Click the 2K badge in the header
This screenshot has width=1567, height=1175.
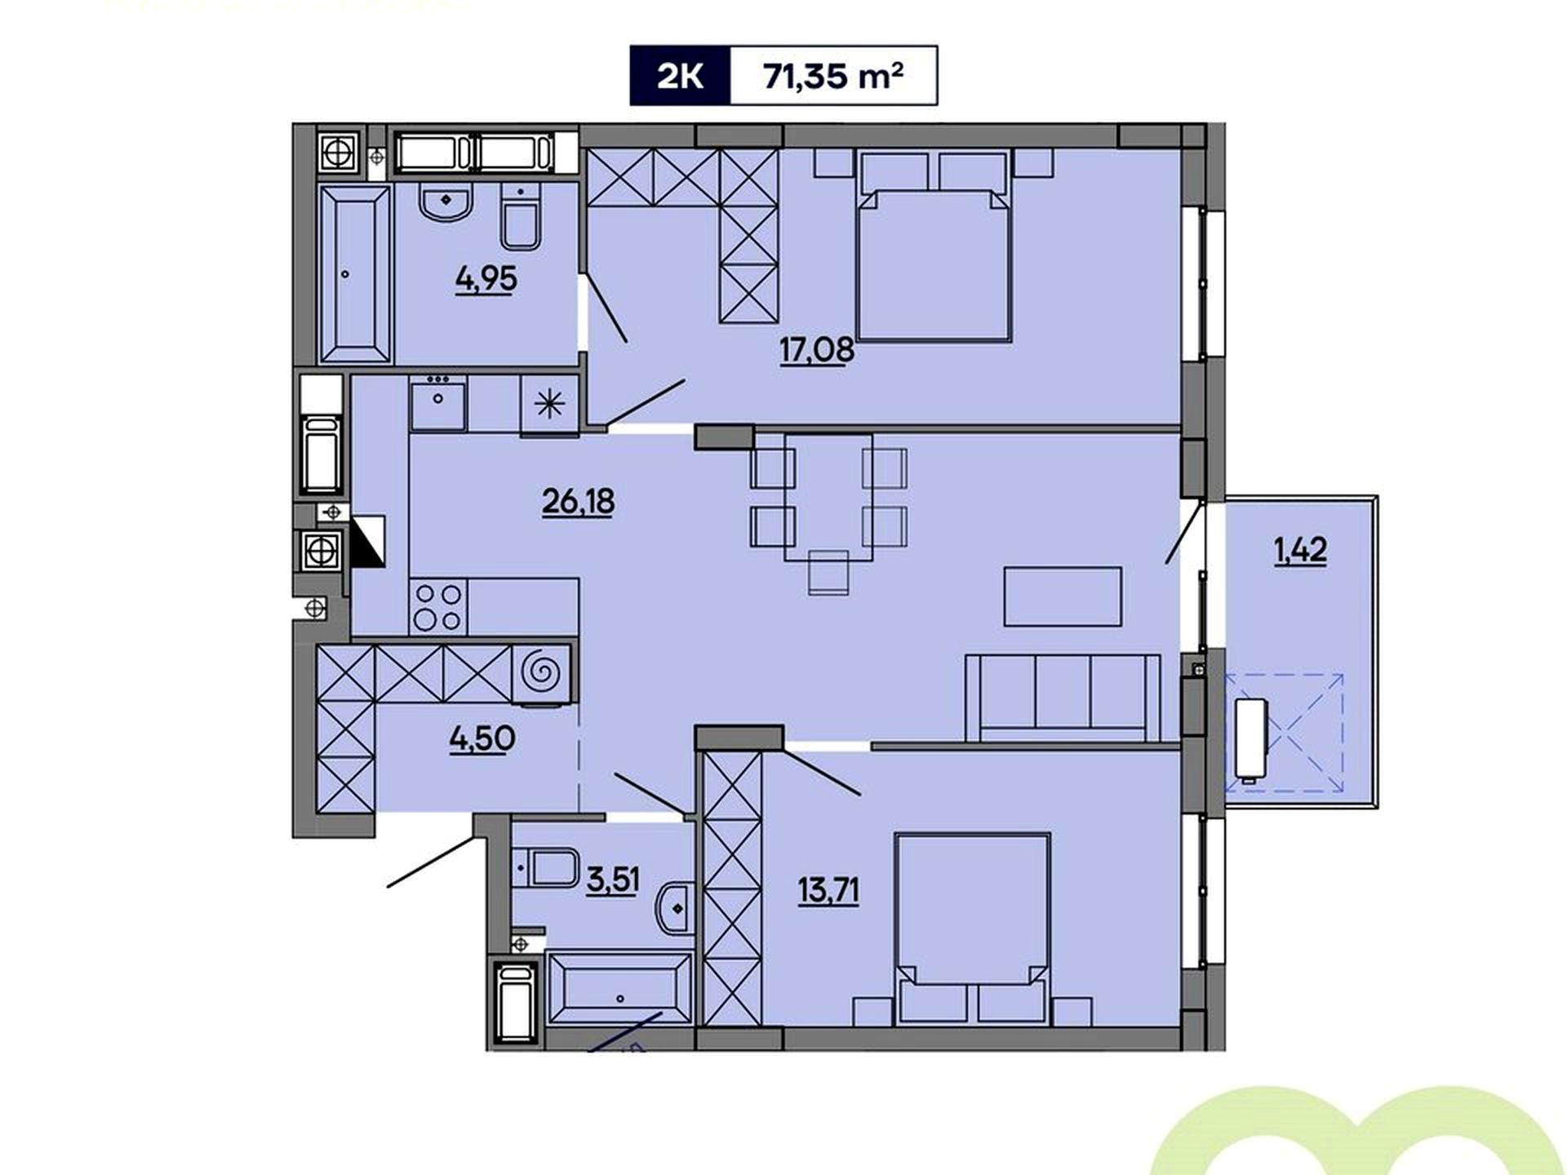click(x=680, y=76)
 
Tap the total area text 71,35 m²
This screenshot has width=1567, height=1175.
click(x=832, y=76)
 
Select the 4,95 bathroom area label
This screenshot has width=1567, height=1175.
click(x=486, y=279)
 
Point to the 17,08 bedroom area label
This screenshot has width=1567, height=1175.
click(x=817, y=350)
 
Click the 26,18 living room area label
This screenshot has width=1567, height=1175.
click(x=578, y=501)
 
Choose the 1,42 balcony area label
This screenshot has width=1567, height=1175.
click(x=1300, y=551)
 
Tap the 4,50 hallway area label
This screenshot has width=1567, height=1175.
click(x=482, y=739)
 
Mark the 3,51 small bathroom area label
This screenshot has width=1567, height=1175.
click(x=613, y=880)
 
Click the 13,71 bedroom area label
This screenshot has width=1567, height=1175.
click(x=828, y=889)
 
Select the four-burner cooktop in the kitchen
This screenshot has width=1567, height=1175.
click(x=439, y=606)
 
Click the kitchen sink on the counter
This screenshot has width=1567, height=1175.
click(x=438, y=403)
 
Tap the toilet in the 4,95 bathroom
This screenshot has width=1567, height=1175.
click(x=520, y=217)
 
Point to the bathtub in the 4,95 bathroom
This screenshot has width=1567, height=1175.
click(x=354, y=273)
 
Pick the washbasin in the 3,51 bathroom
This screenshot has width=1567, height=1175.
click(x=675, y=907)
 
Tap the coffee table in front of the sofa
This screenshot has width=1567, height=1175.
click(x=1063, y=596)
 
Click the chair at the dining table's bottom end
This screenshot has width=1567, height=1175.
click(x=828, y=571)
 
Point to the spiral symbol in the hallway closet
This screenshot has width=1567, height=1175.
click(x=541, y=672)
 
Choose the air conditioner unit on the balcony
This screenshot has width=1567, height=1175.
click(x=1251, y=739)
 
